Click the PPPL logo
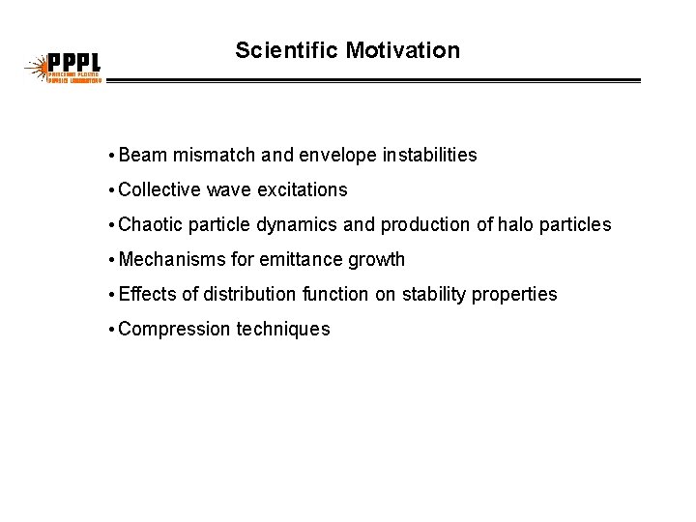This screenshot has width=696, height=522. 63,69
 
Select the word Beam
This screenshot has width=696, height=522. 143,155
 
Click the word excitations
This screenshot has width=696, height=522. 301,189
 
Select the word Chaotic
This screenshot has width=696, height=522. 151,224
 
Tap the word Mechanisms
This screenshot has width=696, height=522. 171,259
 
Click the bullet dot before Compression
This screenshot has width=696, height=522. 112,329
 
